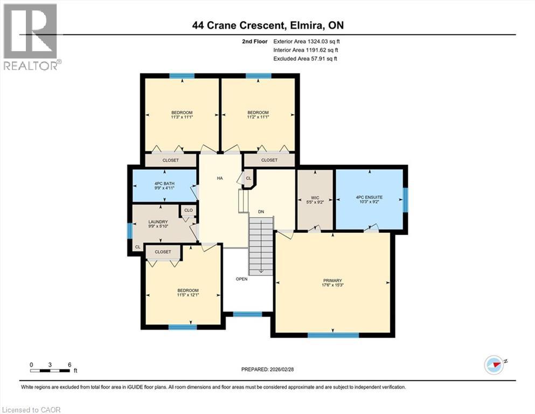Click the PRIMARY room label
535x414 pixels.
click(332, 280)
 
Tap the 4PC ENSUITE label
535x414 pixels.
click(369, 198)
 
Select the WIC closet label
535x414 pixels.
click(316, 198)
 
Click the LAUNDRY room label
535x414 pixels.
click(158, 222)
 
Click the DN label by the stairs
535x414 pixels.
click(261, 212)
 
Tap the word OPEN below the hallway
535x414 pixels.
click(241, 279)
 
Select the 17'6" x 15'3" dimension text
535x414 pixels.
click(332, 285)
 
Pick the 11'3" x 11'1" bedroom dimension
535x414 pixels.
click(182, 117)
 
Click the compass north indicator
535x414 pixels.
click(494, 364)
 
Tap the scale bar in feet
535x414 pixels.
click(51, 370)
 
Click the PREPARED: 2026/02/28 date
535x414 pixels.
click(268, 369)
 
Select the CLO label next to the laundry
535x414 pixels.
click(189, 210)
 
